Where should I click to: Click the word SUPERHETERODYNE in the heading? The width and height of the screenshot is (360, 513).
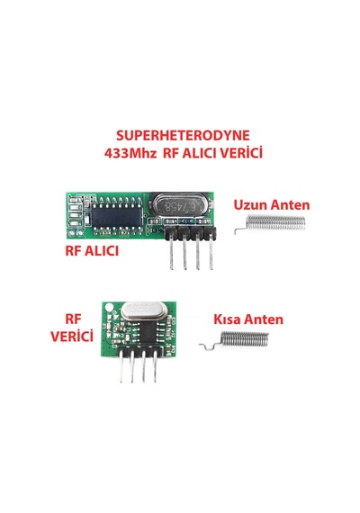[183, 135]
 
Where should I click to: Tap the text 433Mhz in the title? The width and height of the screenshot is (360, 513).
[130, 153]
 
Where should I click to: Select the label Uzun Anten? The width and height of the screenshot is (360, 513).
[272, 205]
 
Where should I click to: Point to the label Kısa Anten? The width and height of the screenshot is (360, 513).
[248, 319]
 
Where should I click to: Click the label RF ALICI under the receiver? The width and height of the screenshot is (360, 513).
[92, 251]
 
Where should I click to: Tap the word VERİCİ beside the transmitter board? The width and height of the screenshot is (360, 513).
[72, 336]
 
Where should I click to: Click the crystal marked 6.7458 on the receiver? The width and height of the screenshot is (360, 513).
[179, 206]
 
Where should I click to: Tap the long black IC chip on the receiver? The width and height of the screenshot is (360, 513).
[117, 216]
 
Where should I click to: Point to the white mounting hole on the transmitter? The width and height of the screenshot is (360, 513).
[109, 307]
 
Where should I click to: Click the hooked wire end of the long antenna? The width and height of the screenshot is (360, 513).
[240, 229]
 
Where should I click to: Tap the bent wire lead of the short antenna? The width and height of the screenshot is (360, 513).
[210, 346]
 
